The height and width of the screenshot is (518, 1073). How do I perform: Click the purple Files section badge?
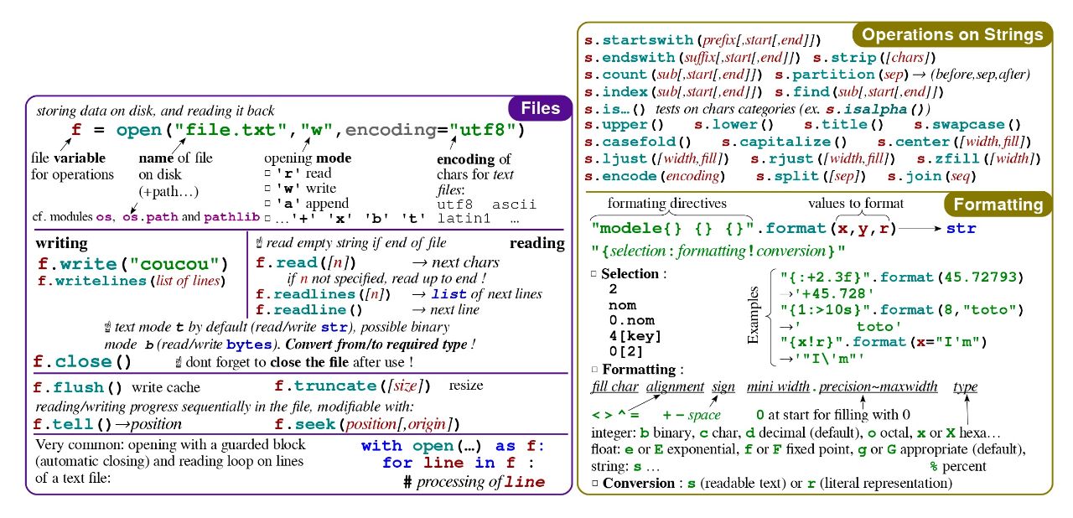click(x=541, y=108)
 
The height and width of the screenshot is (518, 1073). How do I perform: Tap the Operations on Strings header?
click(x=952, y=34)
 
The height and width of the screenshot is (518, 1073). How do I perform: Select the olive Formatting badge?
click(x=998, y=205)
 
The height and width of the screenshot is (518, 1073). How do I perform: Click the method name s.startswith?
click(x=639, y=39)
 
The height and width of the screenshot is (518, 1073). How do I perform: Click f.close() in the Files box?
click(x=82, y=361)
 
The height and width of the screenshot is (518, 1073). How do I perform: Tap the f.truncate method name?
click(x=326, y=386)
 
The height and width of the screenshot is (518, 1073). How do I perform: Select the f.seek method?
click(x=305, y=424)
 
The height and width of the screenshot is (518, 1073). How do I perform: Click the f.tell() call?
click(x=72, y=424)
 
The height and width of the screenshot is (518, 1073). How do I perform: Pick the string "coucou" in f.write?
click(x=174, y=264)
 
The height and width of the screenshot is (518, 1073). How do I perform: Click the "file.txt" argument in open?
click(x=231, y=130)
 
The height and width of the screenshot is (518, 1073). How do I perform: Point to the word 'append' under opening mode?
click(x=327, y=204)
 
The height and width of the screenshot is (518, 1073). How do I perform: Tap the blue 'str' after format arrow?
click(x=961, y=228)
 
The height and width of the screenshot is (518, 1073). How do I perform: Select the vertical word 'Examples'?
click(x=753, y=315)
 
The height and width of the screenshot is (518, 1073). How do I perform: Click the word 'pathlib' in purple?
click(x=232, y=217)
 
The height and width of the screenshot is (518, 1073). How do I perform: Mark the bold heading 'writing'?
click(x=61, y=243)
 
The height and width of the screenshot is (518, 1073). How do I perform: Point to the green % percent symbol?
click(x=934, y=466)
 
